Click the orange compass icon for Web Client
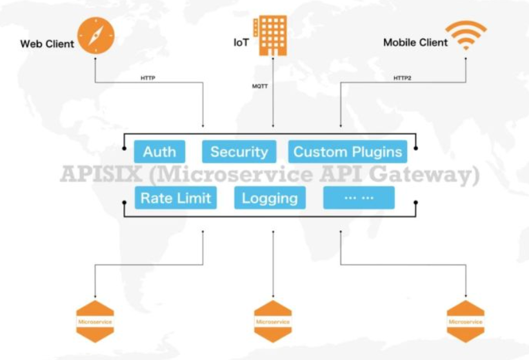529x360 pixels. (95, 35)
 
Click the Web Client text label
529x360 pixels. (47, 45)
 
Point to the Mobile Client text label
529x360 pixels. (415, 43)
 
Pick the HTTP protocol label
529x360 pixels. (148, 79)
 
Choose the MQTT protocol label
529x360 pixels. (260, 85)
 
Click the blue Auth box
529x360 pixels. (159, 152)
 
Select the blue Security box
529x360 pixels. (239, 152)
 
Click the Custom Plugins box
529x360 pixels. (348, 152)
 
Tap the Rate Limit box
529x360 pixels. (175, 198)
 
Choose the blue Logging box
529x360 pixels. (270, 198)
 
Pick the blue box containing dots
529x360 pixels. (359, 198)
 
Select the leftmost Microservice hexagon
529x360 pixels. (95, 321)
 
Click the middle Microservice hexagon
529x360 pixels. (273, 321)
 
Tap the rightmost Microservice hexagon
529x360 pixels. (465, 321)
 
